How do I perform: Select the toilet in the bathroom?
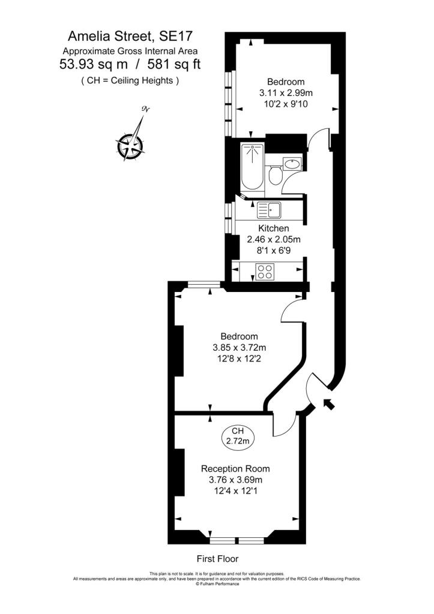(x=275, y=175)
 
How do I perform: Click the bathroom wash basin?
(x=292, y=163)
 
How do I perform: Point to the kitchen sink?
(x=269, y=210)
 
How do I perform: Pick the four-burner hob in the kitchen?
(x=265, y=272)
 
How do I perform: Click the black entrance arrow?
(x=328, y=404)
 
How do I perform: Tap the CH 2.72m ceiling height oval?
(x=238, y=436)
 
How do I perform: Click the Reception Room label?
(x=235, y=468)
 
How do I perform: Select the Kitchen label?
(x=273, y=228)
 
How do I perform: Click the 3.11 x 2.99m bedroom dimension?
(x=286, y=93)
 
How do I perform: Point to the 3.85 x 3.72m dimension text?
(x=239, y=347)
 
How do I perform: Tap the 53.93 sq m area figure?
(x=93, y=64)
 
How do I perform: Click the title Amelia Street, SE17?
(x=130, y=37)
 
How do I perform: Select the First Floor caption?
(x=217, y=559)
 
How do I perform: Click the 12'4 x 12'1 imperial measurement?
(x=235, y=490)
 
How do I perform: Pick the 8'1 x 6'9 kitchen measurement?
(x=274, y=250)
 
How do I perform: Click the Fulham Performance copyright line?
(x=217, y=584)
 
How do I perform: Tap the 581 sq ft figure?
(x=173, y=64)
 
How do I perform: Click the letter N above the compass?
(x=145, y=109)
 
